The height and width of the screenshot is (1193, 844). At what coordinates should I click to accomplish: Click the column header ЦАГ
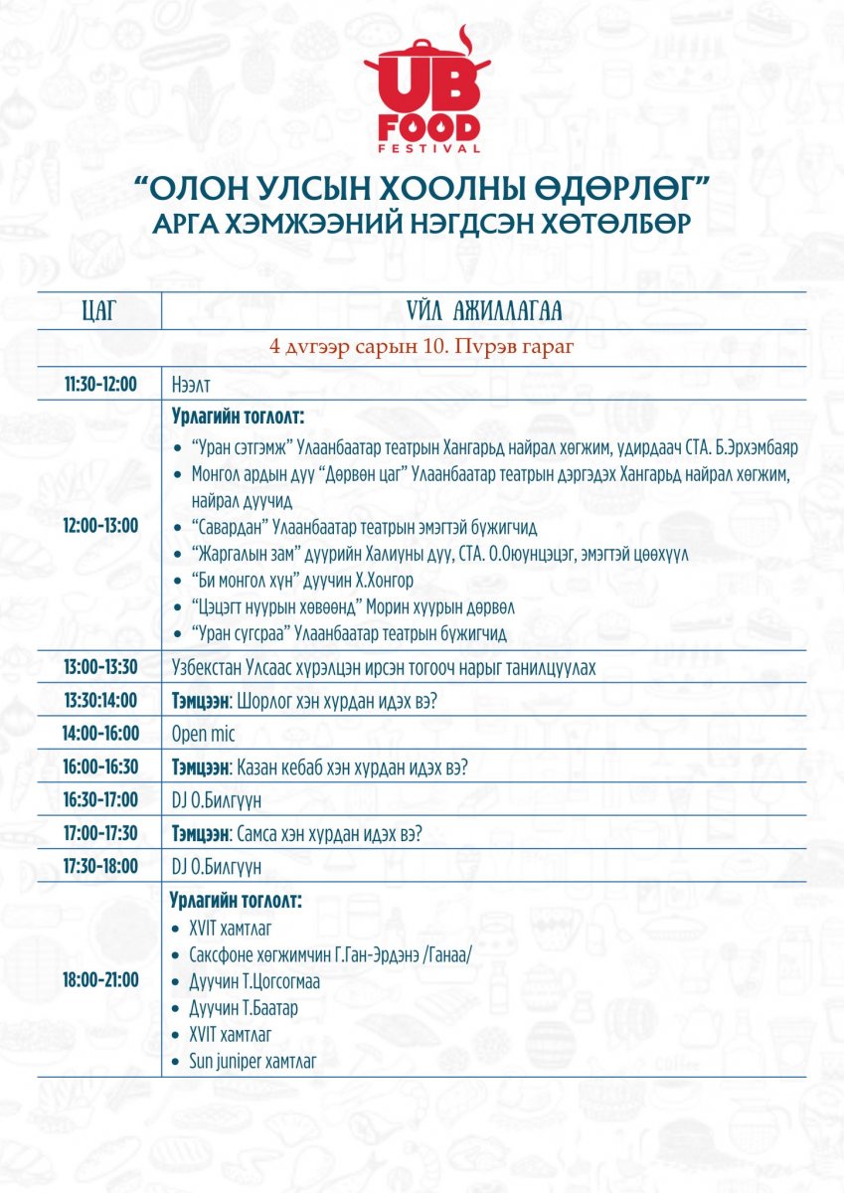click(99, 311)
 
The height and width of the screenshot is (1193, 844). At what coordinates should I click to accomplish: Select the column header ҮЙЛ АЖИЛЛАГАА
click(484, 311)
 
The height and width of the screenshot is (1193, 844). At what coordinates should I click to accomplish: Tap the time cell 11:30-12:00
click(99, 384)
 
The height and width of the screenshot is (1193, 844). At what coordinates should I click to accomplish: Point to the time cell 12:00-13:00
click(99, 525)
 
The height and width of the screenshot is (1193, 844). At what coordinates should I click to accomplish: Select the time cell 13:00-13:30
click(99, 667)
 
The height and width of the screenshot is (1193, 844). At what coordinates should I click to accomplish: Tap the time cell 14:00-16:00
click(99, 734)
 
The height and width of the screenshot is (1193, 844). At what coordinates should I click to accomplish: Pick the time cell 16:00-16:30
click(99, 767)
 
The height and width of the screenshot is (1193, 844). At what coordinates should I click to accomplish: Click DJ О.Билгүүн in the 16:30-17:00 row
click(218, 800)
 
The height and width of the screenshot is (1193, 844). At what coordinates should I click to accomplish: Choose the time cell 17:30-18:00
click(99, 867)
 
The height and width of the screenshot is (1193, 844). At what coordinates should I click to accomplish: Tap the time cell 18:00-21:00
click(99, 979)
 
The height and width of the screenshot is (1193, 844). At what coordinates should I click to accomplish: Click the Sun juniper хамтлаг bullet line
click(253, 1061)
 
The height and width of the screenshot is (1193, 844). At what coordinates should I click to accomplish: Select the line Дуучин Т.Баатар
click(243, 1008)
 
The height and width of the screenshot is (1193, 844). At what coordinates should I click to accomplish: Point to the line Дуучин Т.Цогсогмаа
click(254, 981)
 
